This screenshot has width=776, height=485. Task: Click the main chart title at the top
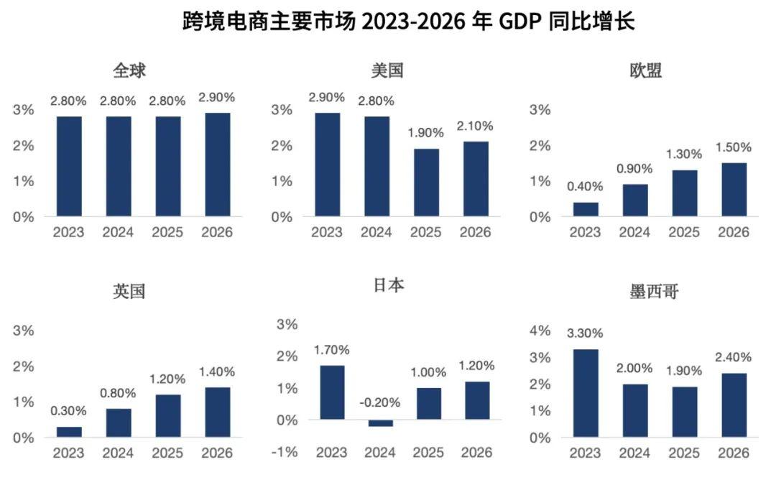[409, 21]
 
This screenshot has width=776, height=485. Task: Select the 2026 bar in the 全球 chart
[217, 165]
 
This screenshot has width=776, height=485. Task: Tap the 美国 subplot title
[387, 70]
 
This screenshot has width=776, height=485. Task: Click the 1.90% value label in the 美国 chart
[426, 133]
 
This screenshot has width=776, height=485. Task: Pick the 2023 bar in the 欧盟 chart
[586, 209]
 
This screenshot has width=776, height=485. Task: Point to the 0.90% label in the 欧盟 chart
[634, 169]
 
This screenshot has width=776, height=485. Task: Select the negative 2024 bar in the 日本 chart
[380, 423]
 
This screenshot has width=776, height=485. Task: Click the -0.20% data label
[380, 402]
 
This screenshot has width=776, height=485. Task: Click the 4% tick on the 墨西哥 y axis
[540, 331]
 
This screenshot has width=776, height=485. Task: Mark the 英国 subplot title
[129, 292]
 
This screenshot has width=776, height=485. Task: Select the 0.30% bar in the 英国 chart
[69, 432]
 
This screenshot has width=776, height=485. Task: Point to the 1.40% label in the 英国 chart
[217, 371]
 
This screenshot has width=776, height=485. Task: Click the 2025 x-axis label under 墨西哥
[685, 453]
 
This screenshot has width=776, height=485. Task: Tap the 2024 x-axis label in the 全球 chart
[118, 233]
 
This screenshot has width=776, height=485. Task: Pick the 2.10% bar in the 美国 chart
[476, 179]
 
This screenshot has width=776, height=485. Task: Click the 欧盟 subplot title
[645, 70]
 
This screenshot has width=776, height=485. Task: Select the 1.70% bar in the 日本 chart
[331, 392]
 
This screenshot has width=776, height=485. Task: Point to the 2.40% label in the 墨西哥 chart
[734, 357]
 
